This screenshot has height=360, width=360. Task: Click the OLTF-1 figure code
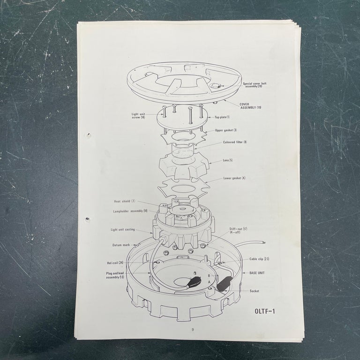265,311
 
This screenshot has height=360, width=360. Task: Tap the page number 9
193,330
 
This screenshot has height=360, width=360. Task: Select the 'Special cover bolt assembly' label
255,85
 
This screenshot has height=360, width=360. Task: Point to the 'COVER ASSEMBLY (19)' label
250,106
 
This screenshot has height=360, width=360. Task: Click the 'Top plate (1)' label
222,117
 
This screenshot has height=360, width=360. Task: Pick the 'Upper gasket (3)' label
226,130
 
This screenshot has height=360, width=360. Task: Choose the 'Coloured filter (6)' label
235,142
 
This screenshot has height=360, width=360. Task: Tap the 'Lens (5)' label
228,160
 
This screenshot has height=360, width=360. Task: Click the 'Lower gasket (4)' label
234,178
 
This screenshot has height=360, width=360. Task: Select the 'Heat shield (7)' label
124,201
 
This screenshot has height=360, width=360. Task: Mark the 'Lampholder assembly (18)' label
130,211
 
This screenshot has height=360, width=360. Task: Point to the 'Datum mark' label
121,245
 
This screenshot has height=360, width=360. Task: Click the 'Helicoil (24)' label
115,262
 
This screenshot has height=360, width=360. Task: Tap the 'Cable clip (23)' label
259,259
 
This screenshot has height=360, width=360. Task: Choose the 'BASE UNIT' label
257,273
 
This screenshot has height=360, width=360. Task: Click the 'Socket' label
254,291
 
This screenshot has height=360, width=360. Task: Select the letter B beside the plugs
209,276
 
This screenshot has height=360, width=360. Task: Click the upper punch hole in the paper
89,135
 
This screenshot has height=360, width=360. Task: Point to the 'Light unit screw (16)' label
138,115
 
